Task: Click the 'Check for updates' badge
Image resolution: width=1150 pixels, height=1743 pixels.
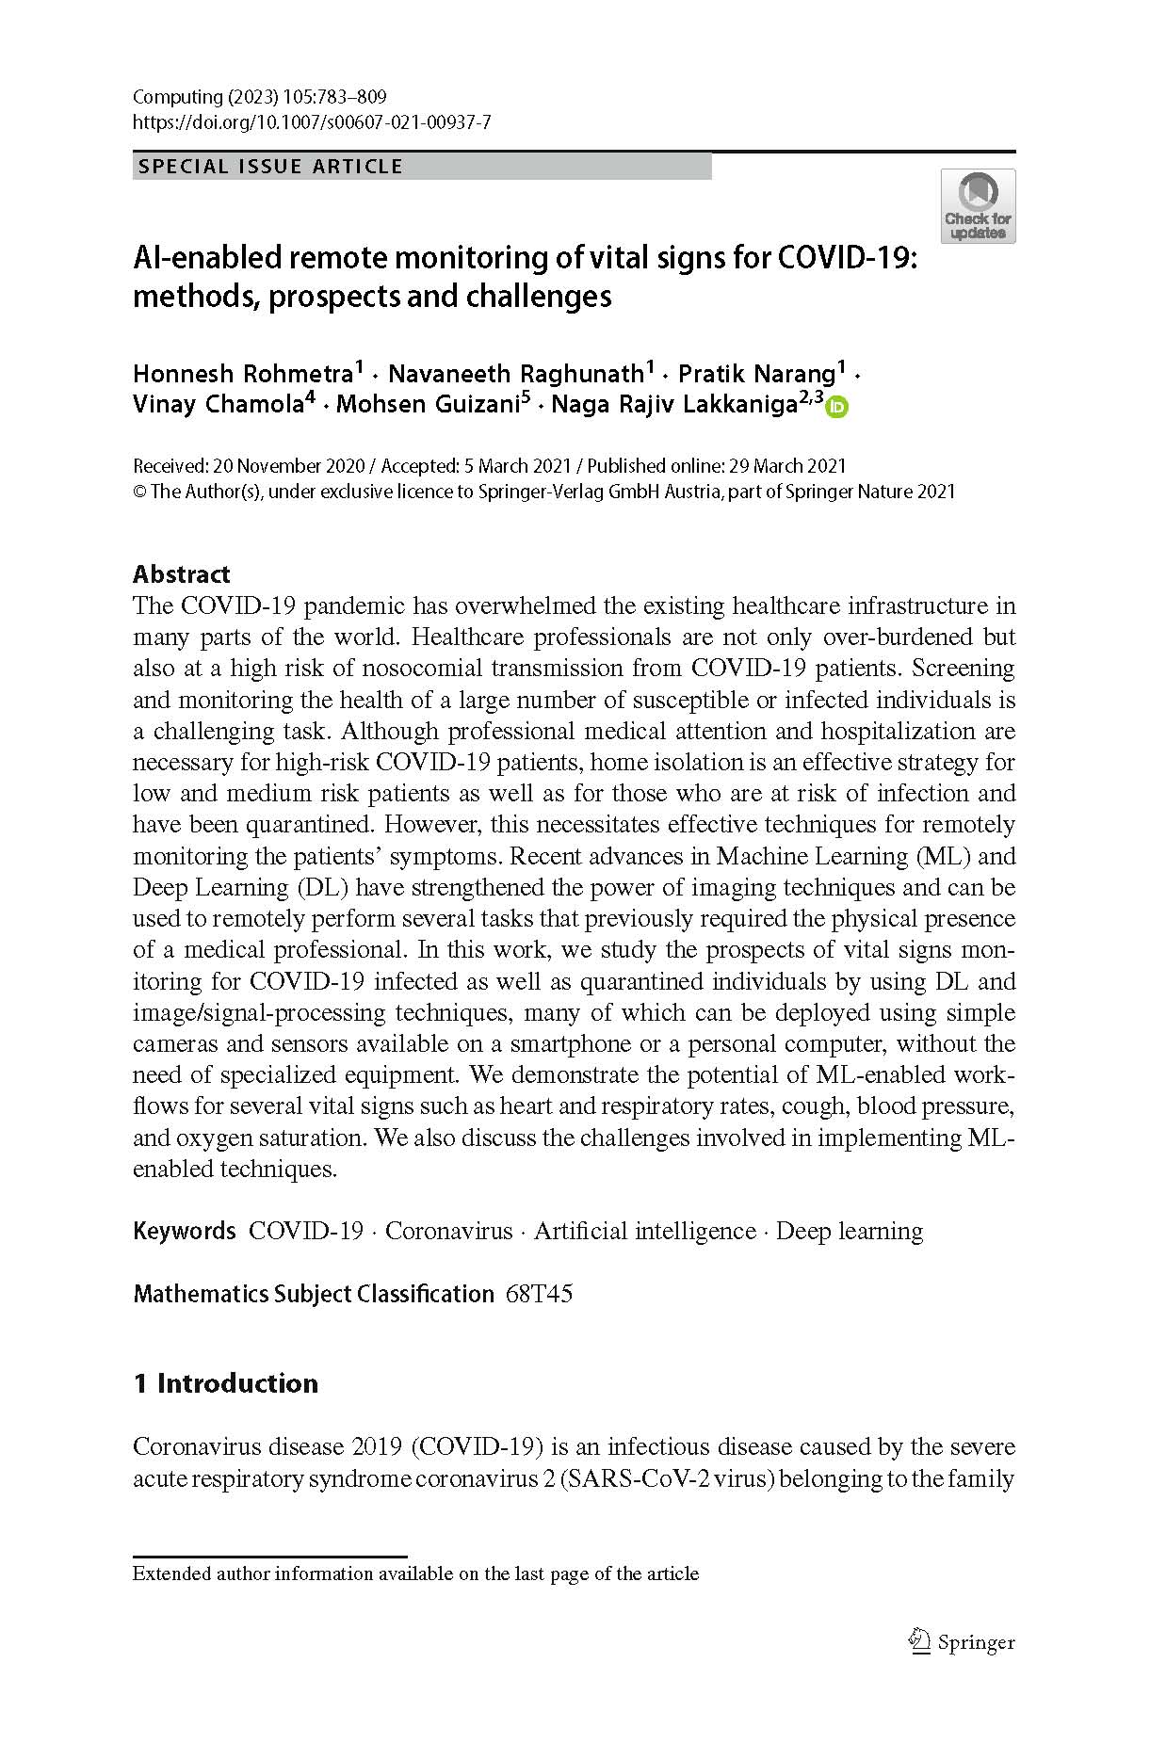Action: point(978,206)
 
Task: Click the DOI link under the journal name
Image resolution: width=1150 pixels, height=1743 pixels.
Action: point(312,122)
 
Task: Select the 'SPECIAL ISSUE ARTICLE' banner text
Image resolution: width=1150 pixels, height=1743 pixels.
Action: point(270,167)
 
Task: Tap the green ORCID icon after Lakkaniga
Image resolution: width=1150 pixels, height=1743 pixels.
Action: point(837,407)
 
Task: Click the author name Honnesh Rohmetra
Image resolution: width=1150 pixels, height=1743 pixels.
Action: point(242,374)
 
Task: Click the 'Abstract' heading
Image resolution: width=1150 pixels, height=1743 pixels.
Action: point(182,574)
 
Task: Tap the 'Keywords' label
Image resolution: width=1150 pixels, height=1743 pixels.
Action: point(185,1231)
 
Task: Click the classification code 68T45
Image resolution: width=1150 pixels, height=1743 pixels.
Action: point(539,1294)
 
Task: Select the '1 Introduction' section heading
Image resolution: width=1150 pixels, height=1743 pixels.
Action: point(226,1383)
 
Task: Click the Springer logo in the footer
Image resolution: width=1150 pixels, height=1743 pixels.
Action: point(961,1642)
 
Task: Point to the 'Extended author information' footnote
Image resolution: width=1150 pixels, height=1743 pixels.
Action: point(415,1574)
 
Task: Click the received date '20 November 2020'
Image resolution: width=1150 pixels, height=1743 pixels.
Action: point(283,466)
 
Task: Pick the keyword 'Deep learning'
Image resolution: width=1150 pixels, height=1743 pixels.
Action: point(850,1231)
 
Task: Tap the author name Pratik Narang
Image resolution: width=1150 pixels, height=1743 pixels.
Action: point(757,374)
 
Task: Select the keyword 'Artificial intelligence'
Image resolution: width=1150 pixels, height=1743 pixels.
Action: point(645,1231)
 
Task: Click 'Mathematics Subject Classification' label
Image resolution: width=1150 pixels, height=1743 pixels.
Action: point(314,1294)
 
